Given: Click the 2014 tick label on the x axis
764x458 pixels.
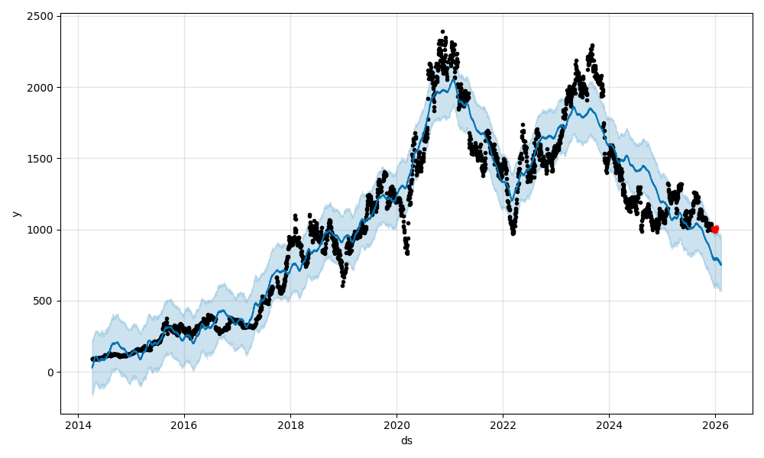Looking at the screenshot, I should (x=77, y=426).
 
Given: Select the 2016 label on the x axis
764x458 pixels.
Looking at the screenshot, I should (x=183, y=426).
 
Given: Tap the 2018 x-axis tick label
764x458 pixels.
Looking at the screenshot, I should (x=290, y=426).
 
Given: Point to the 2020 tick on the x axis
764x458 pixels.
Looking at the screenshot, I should (x=397, y=426).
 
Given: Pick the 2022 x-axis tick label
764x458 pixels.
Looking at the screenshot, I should (x=503, y=426).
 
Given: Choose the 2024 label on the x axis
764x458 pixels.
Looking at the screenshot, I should (x=609, y=426).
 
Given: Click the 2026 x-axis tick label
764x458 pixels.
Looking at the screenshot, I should (x=715, y=426).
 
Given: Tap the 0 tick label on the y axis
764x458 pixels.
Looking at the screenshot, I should (x=50, y=373).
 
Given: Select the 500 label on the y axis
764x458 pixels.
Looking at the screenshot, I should (x=44, y=301).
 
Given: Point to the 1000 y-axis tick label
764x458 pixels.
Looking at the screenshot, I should (x=41, y=230).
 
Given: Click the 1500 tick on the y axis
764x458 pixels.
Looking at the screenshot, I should (x=41, y=159).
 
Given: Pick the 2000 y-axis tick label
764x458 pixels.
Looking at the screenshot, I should (x=41, y=88).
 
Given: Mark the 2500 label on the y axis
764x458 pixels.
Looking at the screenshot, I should (x=41, y=16).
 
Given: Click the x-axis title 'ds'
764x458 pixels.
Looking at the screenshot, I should (x=406, y=440).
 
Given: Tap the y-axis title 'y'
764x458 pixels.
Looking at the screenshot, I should (x=15, y=214).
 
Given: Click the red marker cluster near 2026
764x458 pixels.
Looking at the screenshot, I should (x=715, y=229).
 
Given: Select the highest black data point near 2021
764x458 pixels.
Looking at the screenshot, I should (x=442, y=32).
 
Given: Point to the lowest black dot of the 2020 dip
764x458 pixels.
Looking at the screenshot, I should (x=407, y=253).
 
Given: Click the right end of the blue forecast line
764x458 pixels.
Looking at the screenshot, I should (x=720, y=265).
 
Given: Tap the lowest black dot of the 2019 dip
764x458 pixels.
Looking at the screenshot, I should (x=342, y=285).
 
